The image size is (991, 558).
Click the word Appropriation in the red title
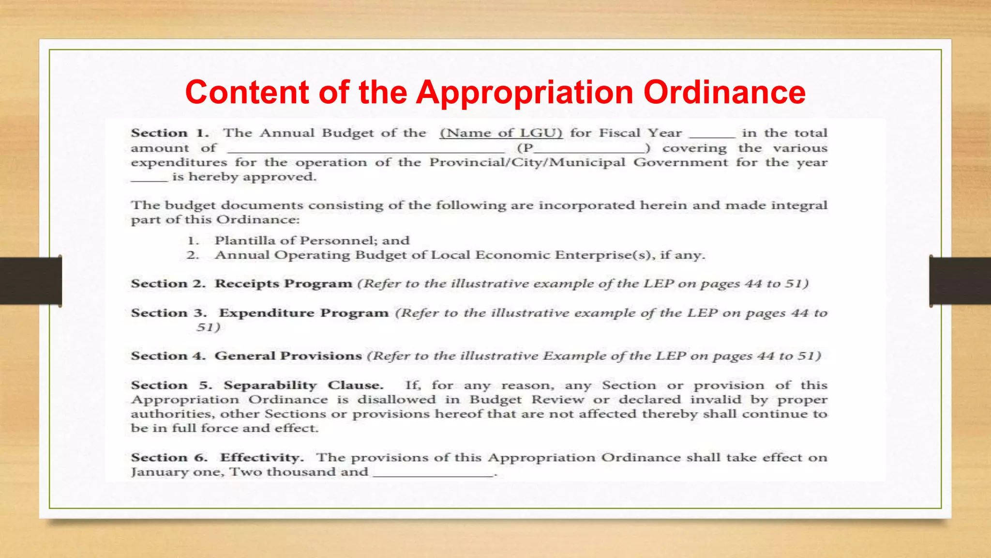(x=525, y=92)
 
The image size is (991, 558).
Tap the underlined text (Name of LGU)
(x=501, y=133)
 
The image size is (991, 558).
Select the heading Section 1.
(x=169, y=133)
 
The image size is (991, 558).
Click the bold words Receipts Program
(x=283, y=283)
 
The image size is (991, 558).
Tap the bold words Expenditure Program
(x=303, y=313)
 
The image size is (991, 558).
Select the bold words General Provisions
(x=288, y=356)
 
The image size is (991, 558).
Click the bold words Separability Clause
(x=303, y=385)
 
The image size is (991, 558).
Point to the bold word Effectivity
(x=261, y=457)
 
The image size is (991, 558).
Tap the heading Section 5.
(x=171, y=385)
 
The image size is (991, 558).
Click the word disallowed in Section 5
(x=396, y=400)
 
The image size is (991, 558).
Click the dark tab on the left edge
(x=30, y=281)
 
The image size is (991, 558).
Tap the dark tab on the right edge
(x=960, y=281)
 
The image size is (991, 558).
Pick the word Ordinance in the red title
(x=724, y=92)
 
